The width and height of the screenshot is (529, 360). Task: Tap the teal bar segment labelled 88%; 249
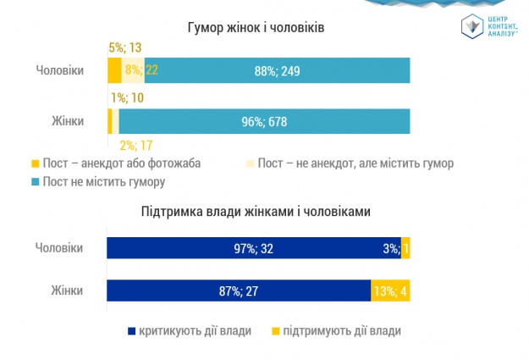tap(277, 70)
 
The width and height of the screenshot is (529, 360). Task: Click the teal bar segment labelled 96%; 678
tap(264, 121)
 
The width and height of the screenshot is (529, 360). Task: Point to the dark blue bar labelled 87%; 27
tap(239, 291)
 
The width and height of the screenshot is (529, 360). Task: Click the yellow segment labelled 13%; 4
tap(390, 291)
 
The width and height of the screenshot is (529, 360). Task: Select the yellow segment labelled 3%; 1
tap(405, 248)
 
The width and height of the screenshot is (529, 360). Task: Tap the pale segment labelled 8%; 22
tap(133, 70)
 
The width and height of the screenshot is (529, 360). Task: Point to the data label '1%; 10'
tap(125, 98)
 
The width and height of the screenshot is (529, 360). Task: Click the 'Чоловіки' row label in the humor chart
tap(60, 70)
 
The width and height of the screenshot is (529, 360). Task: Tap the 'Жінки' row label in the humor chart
tap(66, 121)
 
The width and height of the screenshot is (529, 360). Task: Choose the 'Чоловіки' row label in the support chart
tap(60, 248)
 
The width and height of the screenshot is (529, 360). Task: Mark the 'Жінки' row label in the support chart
tap(66, 291)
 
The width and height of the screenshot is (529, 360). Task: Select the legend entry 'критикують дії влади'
tap(188, 330)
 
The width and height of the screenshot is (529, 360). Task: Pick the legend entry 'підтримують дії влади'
tap(336, 330)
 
